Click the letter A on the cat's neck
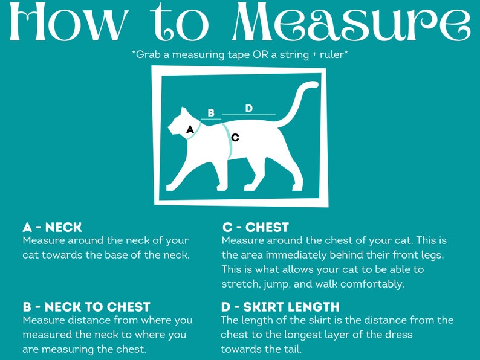coord(190,130)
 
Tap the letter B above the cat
coord(211,112)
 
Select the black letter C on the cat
coord(235,138)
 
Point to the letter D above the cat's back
coord(249,108)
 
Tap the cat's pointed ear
coord(184,111)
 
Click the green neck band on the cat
coord(195,130)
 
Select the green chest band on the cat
coord(228,140)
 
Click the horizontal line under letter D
coord(249,115)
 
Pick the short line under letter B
coord(211,118)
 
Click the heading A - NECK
coord(53,227)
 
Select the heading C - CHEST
coord(256,227)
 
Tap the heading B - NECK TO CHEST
coord(86,307)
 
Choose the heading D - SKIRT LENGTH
coord(280,307)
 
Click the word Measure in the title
coord(351,21)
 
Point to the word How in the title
coord(68,21)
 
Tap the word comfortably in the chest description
coord(372,284)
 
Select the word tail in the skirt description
coord(293,349)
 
